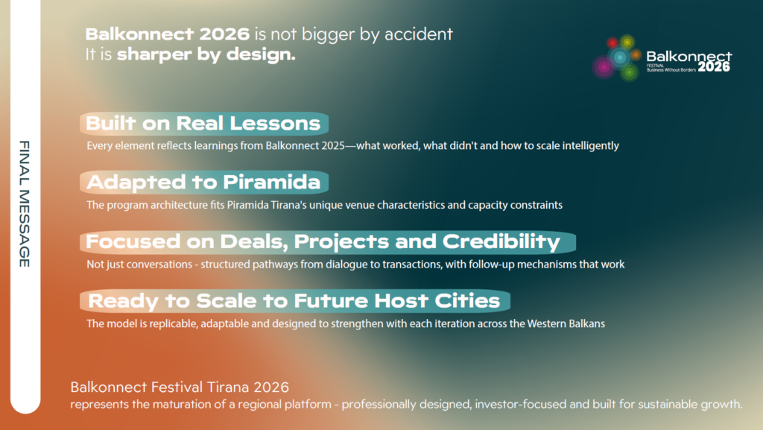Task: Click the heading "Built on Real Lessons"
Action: tap(203, 124)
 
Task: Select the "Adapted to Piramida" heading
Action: tap(203, 183)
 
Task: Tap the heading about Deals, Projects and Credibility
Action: tap(323, 241)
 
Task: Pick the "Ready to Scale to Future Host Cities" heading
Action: tap(294, 301)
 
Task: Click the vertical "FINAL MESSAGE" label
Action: tap(25, 204)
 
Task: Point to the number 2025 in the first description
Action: tap(333, 145)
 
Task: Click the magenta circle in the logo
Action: tap(604, 67)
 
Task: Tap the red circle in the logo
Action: tap(612, 43)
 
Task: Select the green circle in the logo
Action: tap(629, 72)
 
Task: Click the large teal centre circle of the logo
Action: tap(619, 57)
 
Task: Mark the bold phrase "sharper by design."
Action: tap(206, 54)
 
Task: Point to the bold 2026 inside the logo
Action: tap(714, 66)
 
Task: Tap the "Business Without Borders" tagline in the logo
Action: tap(671, 70)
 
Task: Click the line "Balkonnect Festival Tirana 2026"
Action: tap(180, 388)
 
